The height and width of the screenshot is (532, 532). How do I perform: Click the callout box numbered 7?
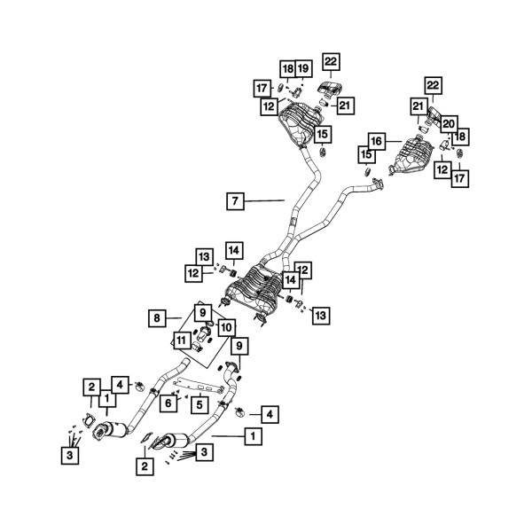coord(234,201)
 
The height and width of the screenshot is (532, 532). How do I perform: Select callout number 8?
coord(156,317)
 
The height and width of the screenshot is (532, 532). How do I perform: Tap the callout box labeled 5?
coord(200,405)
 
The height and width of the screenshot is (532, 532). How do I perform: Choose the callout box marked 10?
coord(225,327)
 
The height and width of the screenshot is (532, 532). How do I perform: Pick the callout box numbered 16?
coord(376,141)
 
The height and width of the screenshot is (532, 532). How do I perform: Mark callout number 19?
coord(303,68)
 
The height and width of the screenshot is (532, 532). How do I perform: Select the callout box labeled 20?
coord(449,123)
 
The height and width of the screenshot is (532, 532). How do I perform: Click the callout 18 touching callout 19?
coord(287,68)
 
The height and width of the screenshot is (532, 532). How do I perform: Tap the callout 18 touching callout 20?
coord(460,137)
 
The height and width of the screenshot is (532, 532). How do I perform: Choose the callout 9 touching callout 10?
coord(203,312)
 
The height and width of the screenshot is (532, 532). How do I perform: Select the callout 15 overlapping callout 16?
coord(364,154)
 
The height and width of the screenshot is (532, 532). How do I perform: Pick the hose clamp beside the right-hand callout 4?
coord(239,410)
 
